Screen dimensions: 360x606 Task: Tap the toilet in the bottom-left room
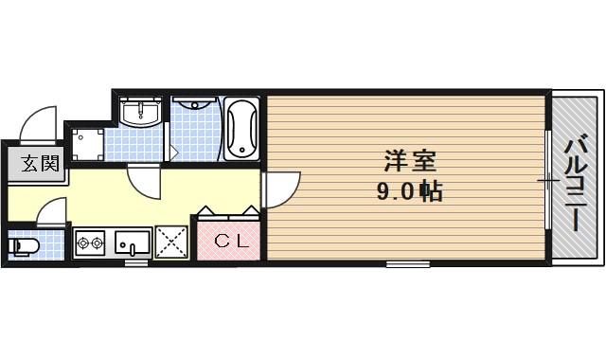click(24, 247)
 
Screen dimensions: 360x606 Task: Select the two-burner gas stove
click(91, 243)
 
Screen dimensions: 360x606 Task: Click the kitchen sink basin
click(134, 243)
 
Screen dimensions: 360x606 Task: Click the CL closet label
click(228, 241)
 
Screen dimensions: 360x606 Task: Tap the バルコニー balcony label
click(575, 185)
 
